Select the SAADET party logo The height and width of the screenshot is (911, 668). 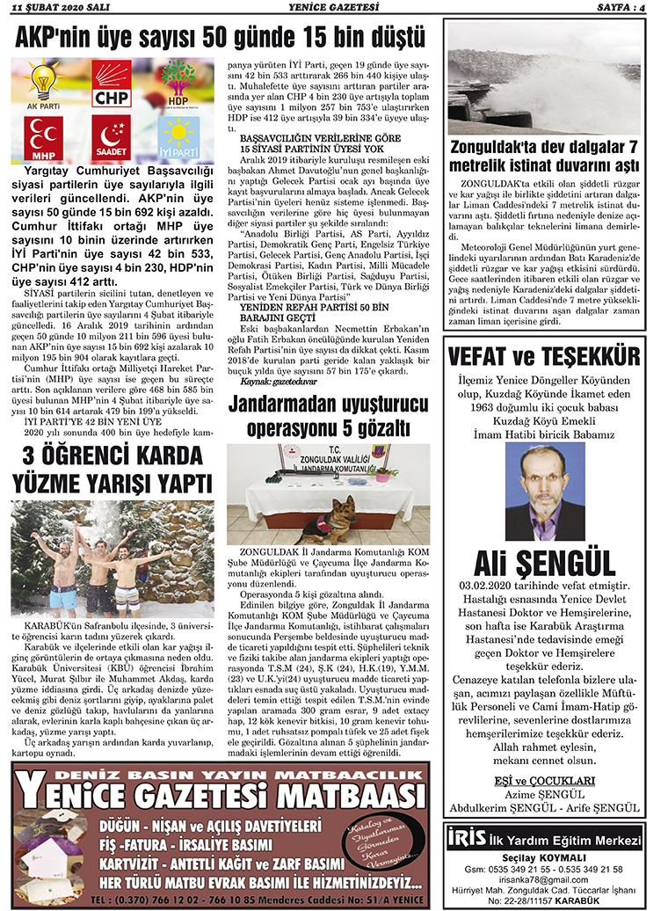coord(112,138)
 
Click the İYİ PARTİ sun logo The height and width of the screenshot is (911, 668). coord(179,138)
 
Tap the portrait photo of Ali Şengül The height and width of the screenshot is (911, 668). coord(545,491)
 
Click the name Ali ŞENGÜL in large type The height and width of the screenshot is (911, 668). coord(545,563)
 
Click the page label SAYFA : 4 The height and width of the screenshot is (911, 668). coord(628,9)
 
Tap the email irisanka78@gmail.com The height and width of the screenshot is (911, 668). coord(545,878)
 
